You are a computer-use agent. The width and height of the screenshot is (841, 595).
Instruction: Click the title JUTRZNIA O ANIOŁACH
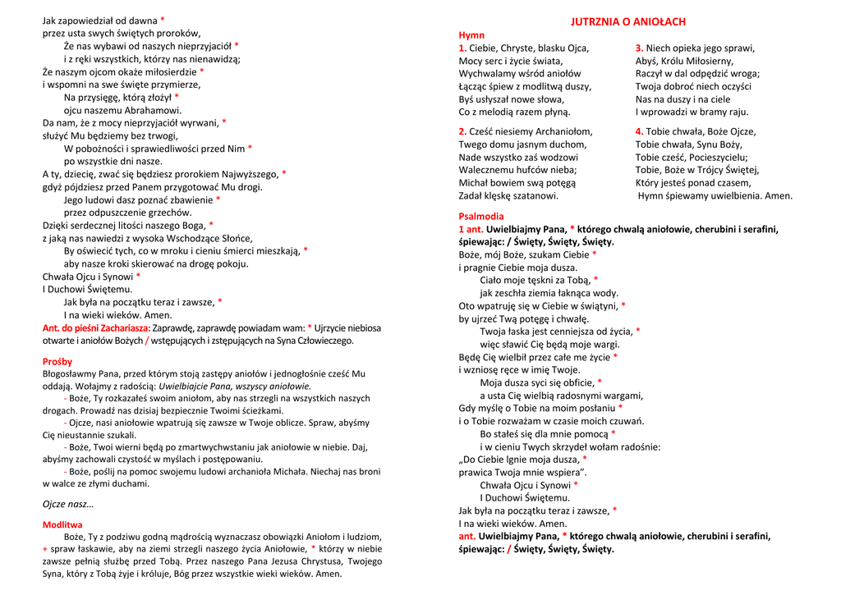pyautogui.click(x=628, y=22)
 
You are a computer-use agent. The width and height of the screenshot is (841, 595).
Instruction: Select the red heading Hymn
pyautogui.click(x=471, y=35)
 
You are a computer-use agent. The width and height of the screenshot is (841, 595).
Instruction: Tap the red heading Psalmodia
pyautogui.click(x=481, y=216)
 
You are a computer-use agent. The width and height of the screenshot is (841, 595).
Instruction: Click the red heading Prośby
pyautogui.click(x=57, y=361)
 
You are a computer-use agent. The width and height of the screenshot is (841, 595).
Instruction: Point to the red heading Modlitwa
pyautogui.click(x=62, y=524)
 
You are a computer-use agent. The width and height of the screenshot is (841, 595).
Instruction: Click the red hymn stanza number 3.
pyautogui.click(x=639, y=48)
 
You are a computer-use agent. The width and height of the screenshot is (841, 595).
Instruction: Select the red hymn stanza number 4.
pyautogui.click(x=639, y=131)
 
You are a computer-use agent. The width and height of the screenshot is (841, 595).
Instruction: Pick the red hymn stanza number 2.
pyautogui.click(x=462, y=131)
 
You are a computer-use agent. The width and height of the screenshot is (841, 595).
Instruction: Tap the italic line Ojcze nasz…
pyautogui.click(x=68, y=504)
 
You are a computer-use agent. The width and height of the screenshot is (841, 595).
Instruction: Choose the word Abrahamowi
pyautogui.click(x=147, y=110)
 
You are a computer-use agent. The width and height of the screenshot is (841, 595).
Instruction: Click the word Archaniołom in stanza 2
pyautogui.click(x=563, y=131)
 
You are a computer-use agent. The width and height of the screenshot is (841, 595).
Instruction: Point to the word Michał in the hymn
pyautogui.click(x=474, y=183)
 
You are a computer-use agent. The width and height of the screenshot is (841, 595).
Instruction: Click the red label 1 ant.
pyautogui.click(x=471, y=229)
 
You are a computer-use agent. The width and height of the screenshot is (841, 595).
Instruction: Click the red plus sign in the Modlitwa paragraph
pyautogui.click(x=45, y=548)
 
